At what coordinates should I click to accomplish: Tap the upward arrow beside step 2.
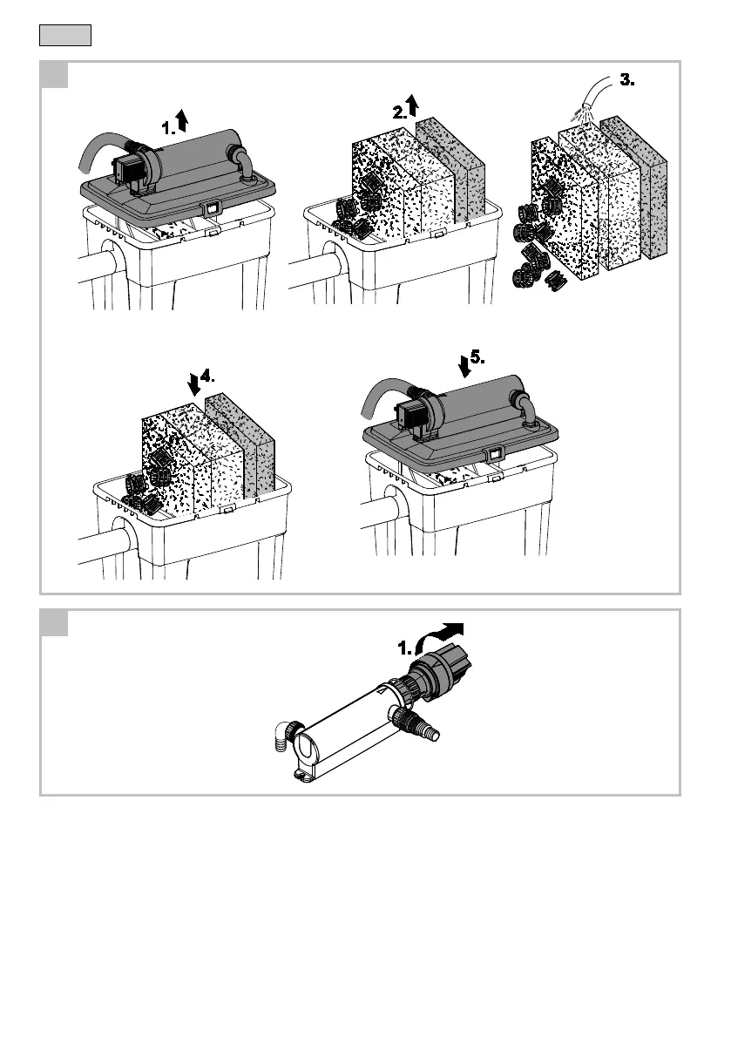pyautogui.click(x=413, y=106)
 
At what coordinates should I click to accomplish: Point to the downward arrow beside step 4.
pyautogui.click(x=193, y=383)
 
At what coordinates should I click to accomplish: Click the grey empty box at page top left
pyautogui.click(x=65, y=37)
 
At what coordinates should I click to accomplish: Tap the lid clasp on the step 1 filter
pyautogui.click(x=209, y=208)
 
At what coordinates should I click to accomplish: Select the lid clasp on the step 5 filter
pyautogui.click(x=495, y=453)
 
